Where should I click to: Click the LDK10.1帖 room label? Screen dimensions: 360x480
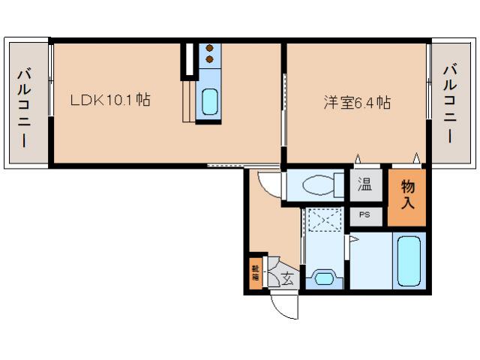(x=110, y=100)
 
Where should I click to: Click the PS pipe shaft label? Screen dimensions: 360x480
(x=364, y=215)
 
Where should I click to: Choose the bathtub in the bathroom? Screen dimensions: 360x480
(x=409, y=260)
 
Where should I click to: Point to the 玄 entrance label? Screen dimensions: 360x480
(x=287, y=279)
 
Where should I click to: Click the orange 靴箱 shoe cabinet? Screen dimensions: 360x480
(x=255, y=273)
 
